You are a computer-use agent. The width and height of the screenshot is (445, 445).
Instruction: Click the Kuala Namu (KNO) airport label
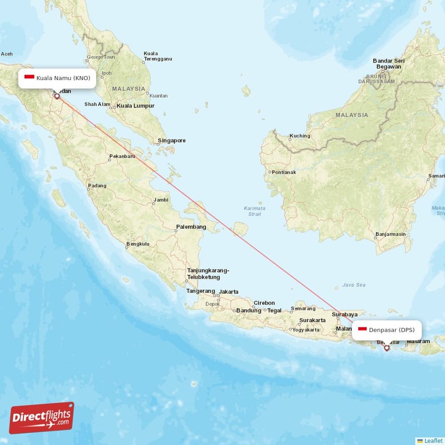57,78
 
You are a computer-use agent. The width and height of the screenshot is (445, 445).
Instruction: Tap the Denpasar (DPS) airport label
387,330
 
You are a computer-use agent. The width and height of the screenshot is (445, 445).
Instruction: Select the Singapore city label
171,141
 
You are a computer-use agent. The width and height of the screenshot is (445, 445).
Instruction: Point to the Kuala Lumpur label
135,106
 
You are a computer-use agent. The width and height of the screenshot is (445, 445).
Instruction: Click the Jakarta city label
229,291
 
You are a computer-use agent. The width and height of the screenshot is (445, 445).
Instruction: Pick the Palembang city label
191,227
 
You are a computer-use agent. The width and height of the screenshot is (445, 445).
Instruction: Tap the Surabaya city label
344,314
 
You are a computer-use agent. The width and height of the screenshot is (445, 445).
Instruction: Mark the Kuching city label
300,136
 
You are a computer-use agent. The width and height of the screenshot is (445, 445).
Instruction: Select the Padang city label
97,186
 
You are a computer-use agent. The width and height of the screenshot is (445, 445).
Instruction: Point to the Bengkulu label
138,244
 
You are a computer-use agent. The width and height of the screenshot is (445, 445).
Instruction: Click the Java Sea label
354,285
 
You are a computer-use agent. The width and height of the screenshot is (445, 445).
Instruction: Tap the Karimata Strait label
254,211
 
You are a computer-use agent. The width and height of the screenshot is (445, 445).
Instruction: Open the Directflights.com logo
42,418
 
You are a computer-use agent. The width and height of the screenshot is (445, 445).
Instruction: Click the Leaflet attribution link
432,441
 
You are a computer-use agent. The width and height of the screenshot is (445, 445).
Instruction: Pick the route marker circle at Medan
57,96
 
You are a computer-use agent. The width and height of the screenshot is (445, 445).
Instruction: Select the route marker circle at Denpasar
387,348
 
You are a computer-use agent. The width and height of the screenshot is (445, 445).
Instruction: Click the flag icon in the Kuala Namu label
29,78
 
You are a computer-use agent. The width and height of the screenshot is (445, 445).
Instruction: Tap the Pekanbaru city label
122,157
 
